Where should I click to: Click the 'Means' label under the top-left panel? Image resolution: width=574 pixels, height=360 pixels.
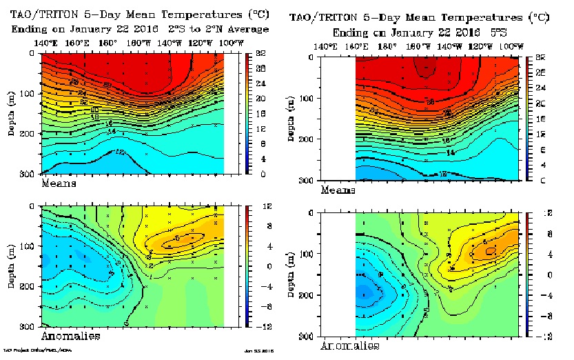click(x=59, y=184)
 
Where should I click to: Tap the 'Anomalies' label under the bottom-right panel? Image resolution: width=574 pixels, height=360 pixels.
click(x=351, y=345)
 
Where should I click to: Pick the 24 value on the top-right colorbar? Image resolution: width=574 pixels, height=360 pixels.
click(x=541, y=88)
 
